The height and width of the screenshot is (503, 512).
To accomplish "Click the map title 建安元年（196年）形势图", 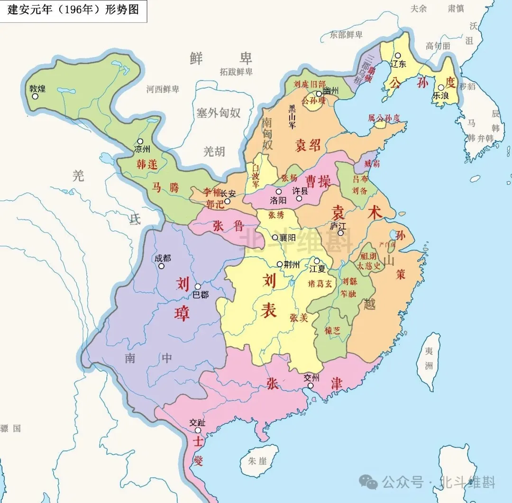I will (x=73, y=10).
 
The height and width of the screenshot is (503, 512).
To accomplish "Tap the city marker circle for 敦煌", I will (x=35, y=96).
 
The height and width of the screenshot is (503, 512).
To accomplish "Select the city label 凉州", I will (x=142, y=149).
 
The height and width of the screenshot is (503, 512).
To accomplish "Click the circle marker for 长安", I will (x=227, y=202).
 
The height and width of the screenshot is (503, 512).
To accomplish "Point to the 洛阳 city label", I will (x=278, y=200).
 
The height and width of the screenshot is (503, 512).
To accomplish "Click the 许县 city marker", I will (x=299, y=198).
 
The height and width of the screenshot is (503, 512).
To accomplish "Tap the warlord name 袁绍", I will (x=308, y=145).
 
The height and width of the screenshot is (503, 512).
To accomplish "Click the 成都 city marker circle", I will (x=161, y=266).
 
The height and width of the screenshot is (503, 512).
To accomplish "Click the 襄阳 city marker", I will (x=275, y=237).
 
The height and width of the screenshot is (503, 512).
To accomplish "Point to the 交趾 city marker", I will (x=198, y=431).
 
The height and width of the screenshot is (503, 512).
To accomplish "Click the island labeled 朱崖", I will (x=259, y=460).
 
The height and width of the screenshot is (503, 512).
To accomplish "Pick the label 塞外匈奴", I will (x=219, y=113).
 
